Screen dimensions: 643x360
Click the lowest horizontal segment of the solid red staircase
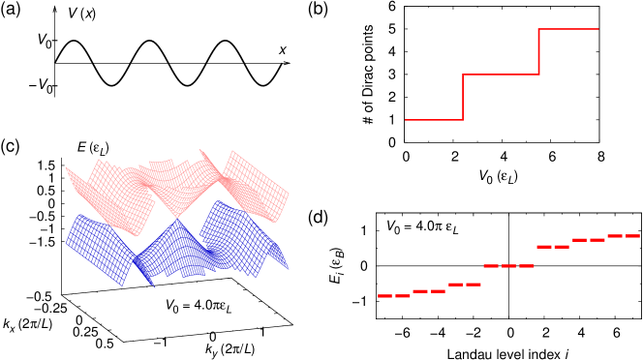pos(433,120)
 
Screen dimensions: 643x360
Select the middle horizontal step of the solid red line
pos(501,75)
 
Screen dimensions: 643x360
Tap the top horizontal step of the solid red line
pos(568,29)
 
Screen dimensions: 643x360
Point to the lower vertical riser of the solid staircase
pos(463,97)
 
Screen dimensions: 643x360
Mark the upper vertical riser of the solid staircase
pos(538,51)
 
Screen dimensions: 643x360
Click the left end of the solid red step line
pos(406,120)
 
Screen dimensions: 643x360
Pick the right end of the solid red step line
pos(597,29)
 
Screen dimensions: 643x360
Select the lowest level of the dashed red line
pos(394,296)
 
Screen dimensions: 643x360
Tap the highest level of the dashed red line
pos(624,236)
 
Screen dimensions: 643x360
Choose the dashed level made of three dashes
pos(508,266)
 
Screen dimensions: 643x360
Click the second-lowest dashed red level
pos(429,291)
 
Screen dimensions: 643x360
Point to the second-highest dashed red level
pos(589,240)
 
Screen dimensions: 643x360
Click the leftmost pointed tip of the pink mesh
pos(66,168)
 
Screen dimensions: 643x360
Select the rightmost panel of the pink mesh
pos(258,186)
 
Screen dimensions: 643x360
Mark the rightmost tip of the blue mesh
pos(288,268)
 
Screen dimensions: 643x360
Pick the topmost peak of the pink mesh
pos(199,150)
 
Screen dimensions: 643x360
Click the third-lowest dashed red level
pos(465,285)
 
